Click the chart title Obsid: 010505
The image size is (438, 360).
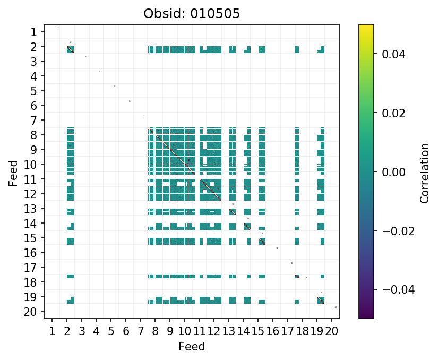coord(192,13)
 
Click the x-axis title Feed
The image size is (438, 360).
coord(192,347)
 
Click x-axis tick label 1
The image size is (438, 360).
coord(52,331)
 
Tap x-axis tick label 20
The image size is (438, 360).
coord(332,331)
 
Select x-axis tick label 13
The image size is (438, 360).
coord(229,331)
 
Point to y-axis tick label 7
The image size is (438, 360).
coord(34,120)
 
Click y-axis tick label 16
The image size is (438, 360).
coord(31,252)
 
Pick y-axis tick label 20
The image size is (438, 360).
coord(31,311)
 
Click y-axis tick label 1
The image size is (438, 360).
coord(34,32)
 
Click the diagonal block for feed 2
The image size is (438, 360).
coord(70,50)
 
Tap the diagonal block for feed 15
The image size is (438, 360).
coord(262,241)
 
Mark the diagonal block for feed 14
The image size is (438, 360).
coord(247,226)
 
